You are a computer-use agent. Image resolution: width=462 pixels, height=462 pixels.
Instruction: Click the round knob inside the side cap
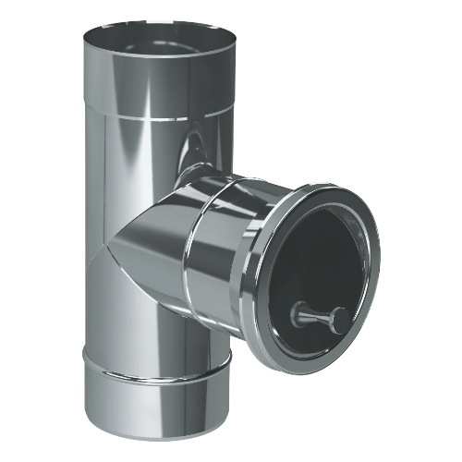(x=337, y=317)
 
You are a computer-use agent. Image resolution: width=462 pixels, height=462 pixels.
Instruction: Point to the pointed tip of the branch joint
(x=121, y=249)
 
